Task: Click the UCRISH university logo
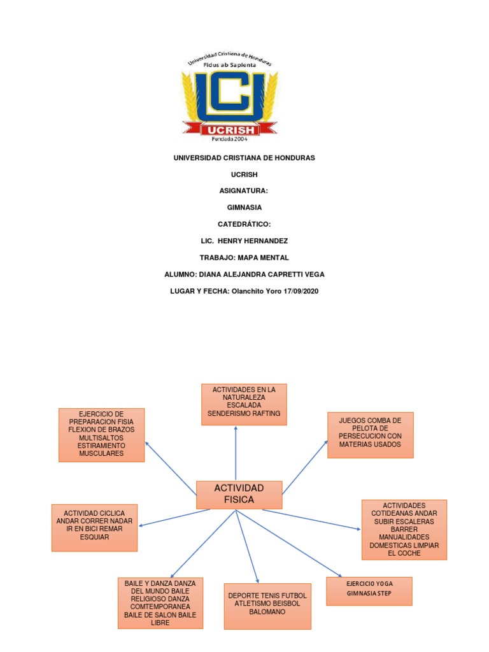230,96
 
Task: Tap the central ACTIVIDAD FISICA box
239,495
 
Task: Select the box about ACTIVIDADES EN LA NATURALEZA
244,404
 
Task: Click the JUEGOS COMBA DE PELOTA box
370,435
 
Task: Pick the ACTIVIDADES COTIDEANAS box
404,529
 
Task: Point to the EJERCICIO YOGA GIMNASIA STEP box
369,591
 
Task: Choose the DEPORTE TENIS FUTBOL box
267,606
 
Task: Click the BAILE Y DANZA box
160,603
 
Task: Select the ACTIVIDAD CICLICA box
94,527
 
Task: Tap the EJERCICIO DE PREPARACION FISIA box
102,435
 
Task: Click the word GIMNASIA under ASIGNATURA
244,207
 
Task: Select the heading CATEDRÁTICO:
244,224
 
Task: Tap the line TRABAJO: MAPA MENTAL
244,257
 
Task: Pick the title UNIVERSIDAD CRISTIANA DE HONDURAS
244,157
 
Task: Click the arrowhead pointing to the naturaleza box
236,429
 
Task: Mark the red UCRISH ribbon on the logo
230,130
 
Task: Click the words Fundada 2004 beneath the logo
230,139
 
